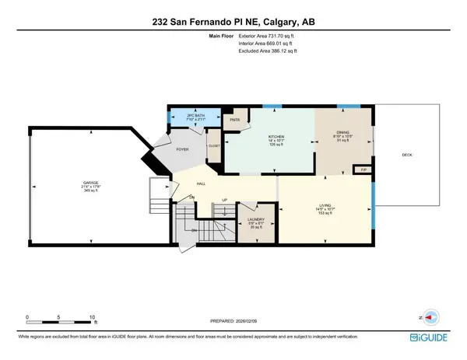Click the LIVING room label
(325, 206)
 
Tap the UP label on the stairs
(224, 200)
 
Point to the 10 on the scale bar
(93, 318)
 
